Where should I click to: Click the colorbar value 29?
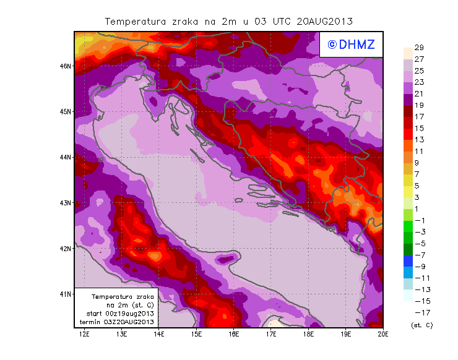point(418,48)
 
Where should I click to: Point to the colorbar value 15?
point(418,128)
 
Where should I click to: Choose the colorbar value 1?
point(418,208)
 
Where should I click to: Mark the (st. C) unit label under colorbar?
point(421,325)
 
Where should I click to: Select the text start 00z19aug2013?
point(121,314)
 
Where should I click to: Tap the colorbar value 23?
point(418,82)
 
